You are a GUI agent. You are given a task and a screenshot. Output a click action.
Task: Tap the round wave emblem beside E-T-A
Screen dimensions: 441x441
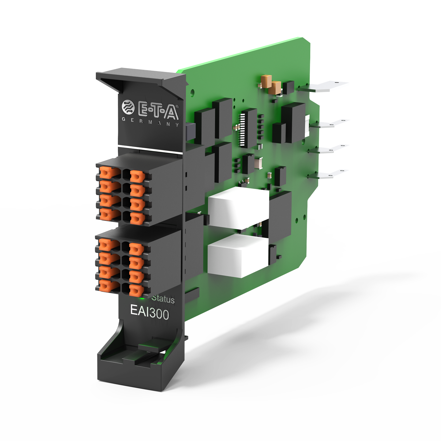tap(128, 107)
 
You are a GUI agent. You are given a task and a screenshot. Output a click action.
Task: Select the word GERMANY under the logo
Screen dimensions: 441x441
tap(150, 122)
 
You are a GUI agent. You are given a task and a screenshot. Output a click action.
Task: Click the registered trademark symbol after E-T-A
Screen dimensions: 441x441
tap(177, 107)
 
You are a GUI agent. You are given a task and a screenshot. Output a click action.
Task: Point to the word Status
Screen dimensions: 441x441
tap(163, 299)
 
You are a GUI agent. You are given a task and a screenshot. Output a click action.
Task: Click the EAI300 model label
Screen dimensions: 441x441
tap(149, 312)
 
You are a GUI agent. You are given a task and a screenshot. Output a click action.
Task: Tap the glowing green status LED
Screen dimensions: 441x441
tap(142, 297)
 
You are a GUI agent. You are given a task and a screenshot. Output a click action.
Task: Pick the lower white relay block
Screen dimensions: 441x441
tap(238, 255)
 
